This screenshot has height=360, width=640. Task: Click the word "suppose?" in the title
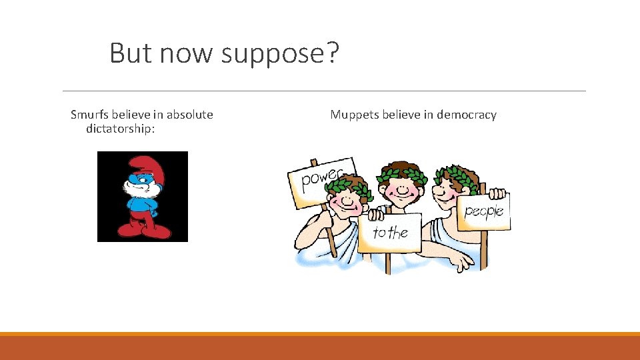click(x=280, y=54)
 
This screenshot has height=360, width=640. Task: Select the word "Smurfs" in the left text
click(x=90, y=115)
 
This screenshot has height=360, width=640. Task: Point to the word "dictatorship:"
click(x=121, y=128)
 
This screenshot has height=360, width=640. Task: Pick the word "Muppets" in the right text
click(x=354, y=115)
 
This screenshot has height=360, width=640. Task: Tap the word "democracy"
click(x=465, y=115)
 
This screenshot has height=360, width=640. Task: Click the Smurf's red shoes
click(x=142, y=230)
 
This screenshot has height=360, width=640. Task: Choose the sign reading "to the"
click(x=390, y=233)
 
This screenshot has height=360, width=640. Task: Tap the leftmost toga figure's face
click(x=347, y=198)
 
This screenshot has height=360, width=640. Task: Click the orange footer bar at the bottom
click(x=320, y=347)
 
